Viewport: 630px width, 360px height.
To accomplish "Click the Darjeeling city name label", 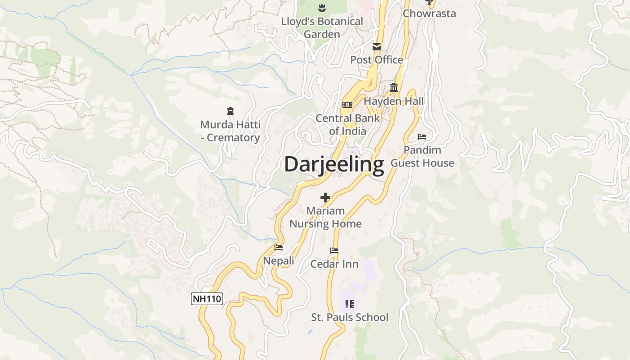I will pyautogui.click(x=334, y=165).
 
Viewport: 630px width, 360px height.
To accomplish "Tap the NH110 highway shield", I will pyautogui.click(x=207, y=299).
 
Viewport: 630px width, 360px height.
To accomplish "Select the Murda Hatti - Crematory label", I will pyautogui.click(x=230, y=131).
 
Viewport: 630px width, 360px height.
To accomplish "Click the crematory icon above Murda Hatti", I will pyautogui.click(x=230, y=111).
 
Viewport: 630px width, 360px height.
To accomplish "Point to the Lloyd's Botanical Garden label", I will pyautogui.click(x=322, y=27).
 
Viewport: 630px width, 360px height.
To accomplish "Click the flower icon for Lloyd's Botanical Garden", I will pyautogui.click(x=322, y=8).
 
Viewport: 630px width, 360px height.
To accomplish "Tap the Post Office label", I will pyautogui.click(x=377, y=60).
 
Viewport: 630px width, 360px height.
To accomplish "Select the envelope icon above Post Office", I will pyautogui.click(x=377, y=46).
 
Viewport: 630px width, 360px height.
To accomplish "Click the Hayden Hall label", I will pyautogui.click(x=394, y=101).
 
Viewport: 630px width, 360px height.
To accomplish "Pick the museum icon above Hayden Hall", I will pyautogui.click(x=394, y=87).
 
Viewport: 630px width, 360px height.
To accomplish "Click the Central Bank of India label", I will pyautogui.click(x=347, y=125).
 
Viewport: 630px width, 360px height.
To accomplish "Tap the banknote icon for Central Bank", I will pyautogui.click(x=347, y=105).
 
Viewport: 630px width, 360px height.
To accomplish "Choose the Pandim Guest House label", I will pyautogui.click(x=422, y=156).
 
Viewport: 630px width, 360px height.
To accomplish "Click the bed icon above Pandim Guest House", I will pyautogui.click(x=422, y=136).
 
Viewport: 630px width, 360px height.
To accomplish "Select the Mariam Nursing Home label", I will pyautogui.click(x=325, y=217).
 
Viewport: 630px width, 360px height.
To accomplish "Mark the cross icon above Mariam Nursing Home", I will pyautogui.click(x=325, y=197).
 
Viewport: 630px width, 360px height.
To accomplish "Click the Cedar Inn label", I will pyautogui.click(x=334, y=264).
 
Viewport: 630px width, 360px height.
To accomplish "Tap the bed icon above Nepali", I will pyautogui.click(x=279, y=247).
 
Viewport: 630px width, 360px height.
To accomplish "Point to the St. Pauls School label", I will pyautogui.click(x=350, y=317).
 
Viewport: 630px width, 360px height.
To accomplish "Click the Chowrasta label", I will pyautogui.click(x=429, y=13).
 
